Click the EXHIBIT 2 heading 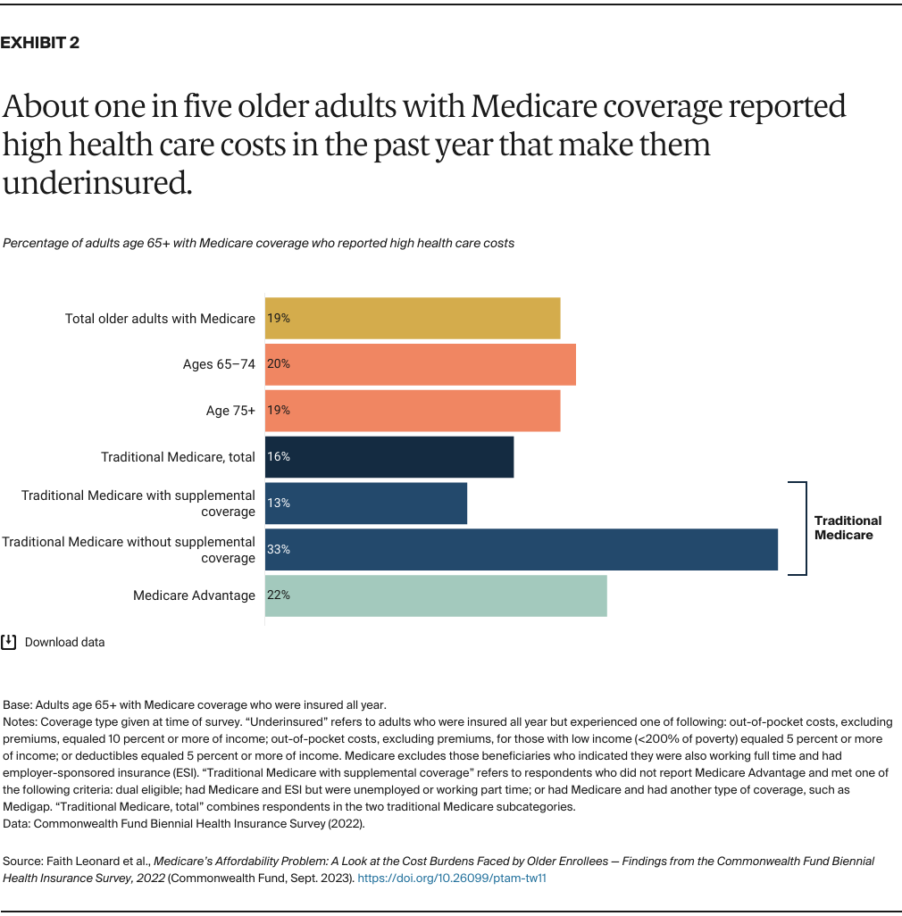[x=40, y=43]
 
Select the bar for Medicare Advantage [x=436, y=595]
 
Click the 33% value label [x=279, y=549]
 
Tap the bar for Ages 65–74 [x=420, y=364]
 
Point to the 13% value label [x=279, y=503]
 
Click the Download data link [x=64, y=642]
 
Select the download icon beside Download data [x=9, y=641]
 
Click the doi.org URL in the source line [x=451, y=878]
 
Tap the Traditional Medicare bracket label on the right [x=848, y=528]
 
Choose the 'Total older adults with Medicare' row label [x=160, y=319]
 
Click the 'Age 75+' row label [x=230, y=411]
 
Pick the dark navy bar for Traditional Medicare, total [x=389, y=457]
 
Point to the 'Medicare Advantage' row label [x=194, y=595]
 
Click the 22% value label [x=279, y=595]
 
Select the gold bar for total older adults [x=413, y=319]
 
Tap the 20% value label [x=279, y=364]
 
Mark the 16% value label [x=279, y=457]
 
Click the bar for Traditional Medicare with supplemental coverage [x=366, y=503]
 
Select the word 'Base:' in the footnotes [x=19, y=704]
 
